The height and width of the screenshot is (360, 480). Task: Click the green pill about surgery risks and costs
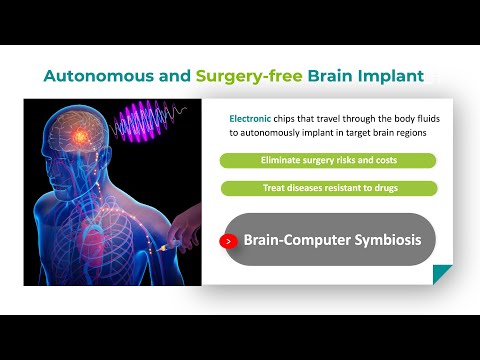(328, 160)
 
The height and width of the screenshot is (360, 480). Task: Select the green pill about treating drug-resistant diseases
(328, 188)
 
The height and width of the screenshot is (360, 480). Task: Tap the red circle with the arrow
(229, 241)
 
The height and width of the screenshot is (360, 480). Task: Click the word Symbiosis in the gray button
(380, 241)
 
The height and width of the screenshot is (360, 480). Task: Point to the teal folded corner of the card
(440, 273)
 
